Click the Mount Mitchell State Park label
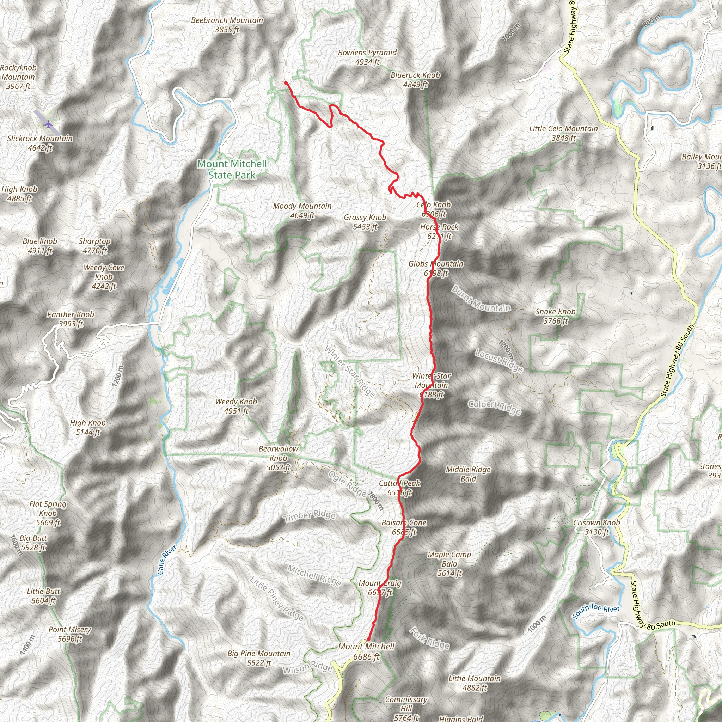tap(232, 169)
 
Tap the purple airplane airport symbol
tap(48, 123)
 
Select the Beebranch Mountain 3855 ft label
tap(227, 25)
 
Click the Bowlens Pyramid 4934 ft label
tap(367, 57)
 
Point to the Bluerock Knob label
tap(415, 75)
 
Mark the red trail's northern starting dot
tap(286, 83)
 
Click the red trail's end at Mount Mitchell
tap(368, 639)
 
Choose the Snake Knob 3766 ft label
tap(555, 316)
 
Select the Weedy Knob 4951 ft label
tap(236, 406)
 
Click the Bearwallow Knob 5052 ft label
tap(279, 458)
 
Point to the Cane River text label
tap(166, 559)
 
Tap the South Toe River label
tap(596, 611)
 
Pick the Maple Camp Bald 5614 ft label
tap(449, 564)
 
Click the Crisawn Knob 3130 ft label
tap(596, 527)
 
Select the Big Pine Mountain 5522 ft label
tap(259, 658)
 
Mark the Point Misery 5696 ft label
tap(70, 634)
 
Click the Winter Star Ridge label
tap(349, 371)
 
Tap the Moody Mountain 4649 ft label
tap(302, 210)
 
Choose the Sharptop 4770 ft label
tap(94, 245)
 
